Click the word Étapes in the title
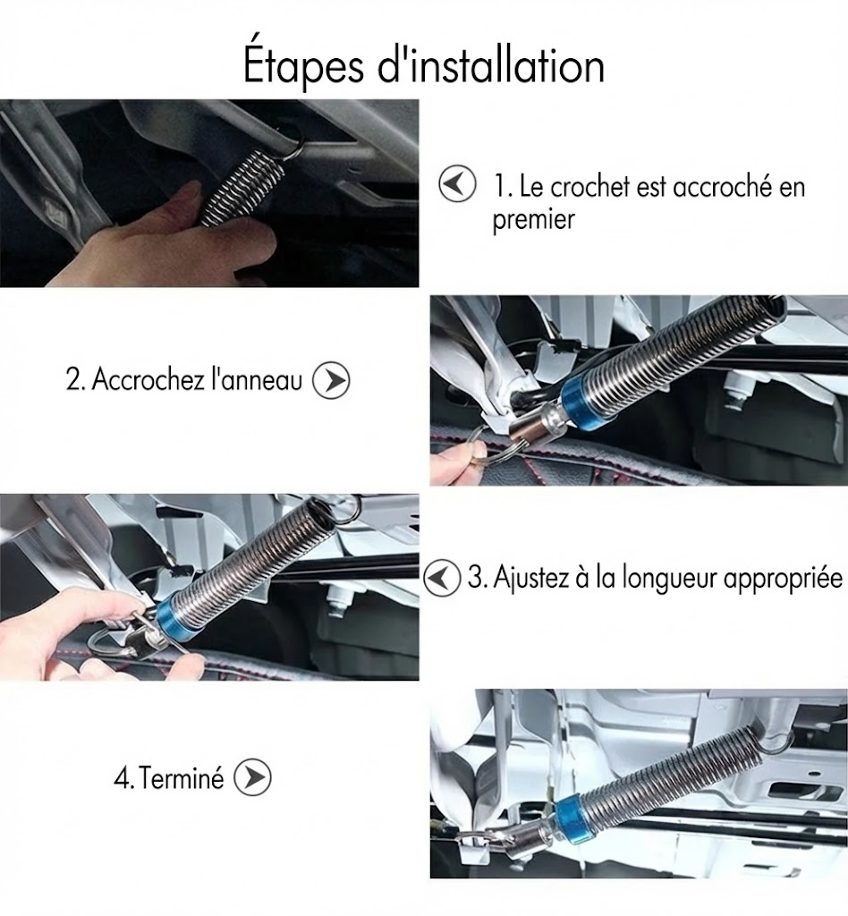tap(303, 66)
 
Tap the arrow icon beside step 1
tap(457, 184)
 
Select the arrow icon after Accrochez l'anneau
tap(331, 381)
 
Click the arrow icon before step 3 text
tap(442, 578)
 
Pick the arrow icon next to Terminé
tap(252, 777)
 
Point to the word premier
tap(534, 221)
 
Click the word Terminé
tap(182, 778)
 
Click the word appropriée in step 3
tap(784, 580)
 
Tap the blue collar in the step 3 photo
tap(173, 615)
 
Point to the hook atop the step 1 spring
tap(292, 143)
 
